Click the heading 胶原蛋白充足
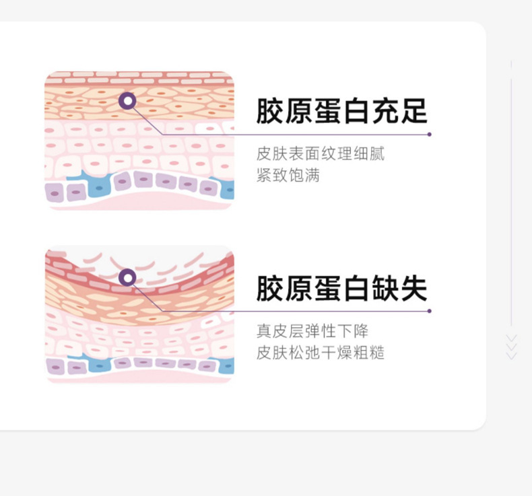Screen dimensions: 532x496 tap(341, 110)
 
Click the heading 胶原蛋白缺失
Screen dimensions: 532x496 tap(341, 288)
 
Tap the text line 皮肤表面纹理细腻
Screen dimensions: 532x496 tap(321, 154)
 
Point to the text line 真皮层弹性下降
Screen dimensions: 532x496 tap(312, 331)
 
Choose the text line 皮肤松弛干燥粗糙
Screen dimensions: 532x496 tap(321, 353)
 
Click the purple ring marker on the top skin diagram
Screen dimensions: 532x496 tap(127, 101)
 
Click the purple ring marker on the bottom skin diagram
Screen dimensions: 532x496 tap(127, 277)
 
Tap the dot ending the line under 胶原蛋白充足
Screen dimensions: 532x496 tap(429, 135)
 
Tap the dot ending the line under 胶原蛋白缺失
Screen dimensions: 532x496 tap(429, 311)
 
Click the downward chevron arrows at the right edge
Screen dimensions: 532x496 tap(511, 347)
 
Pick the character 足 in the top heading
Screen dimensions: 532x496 tap(413, 110)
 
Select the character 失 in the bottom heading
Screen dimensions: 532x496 tap(413, 288)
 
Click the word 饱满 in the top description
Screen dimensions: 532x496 tap(304, 176)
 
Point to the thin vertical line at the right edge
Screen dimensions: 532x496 tap(512, 202)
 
